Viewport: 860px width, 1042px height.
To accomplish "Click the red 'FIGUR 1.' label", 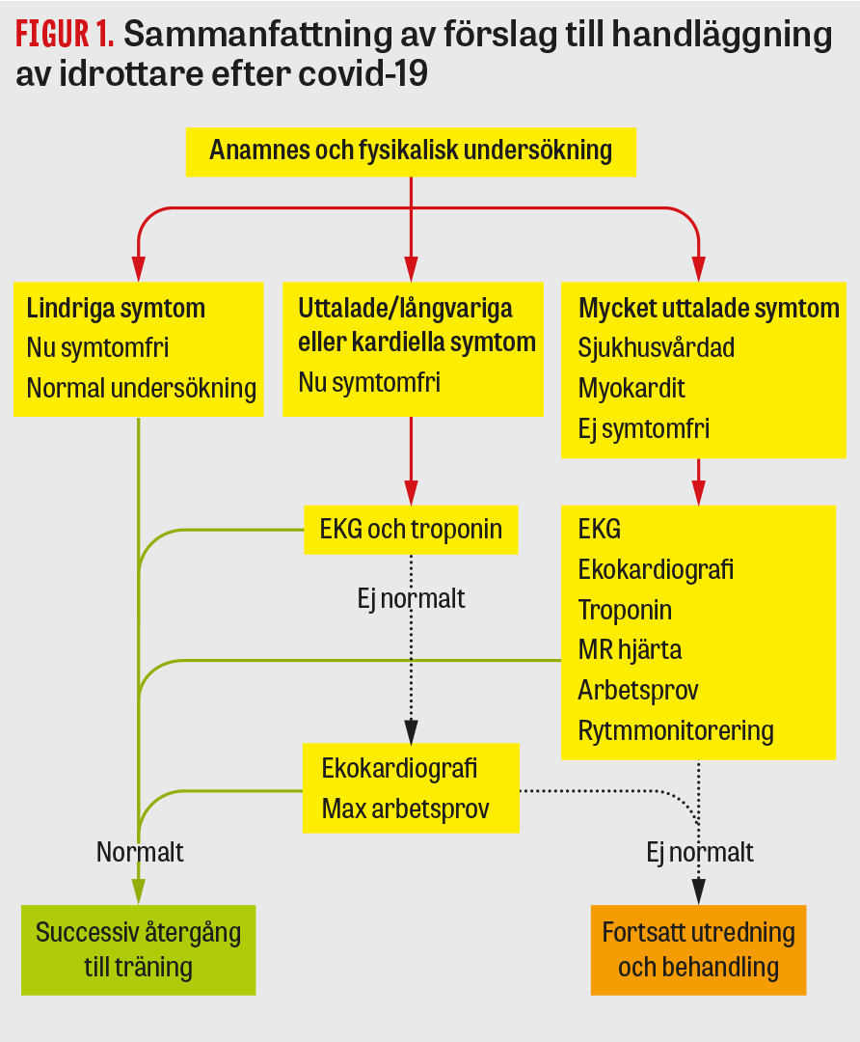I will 65,36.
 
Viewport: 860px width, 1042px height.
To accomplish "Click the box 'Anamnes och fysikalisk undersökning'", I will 411,151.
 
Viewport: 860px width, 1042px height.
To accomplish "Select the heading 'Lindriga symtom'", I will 116,309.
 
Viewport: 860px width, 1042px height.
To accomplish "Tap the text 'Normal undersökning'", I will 141,388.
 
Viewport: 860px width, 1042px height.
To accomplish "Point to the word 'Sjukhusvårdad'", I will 656,347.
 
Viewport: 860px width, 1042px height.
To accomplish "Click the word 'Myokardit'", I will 632,388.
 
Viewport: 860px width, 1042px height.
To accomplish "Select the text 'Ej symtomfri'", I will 643,428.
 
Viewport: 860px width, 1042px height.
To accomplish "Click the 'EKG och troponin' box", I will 411,530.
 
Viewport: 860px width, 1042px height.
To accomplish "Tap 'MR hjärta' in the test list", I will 630,649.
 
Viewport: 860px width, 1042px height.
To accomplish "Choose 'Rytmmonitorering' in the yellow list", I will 676,730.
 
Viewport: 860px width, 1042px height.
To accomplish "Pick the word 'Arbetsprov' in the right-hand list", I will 638,690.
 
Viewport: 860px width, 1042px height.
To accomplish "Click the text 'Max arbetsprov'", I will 405,808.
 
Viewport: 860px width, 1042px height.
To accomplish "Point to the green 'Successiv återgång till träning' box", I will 138,949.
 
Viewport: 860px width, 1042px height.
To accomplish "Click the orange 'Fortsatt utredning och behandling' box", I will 698,949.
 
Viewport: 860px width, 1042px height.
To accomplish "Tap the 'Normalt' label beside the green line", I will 140,852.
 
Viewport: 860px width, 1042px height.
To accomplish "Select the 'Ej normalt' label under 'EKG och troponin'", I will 411,598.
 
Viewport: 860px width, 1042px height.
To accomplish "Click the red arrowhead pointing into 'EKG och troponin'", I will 412,494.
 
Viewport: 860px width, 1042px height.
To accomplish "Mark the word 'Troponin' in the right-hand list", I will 625,610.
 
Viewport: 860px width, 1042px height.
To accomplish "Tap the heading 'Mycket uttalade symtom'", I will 708,309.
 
